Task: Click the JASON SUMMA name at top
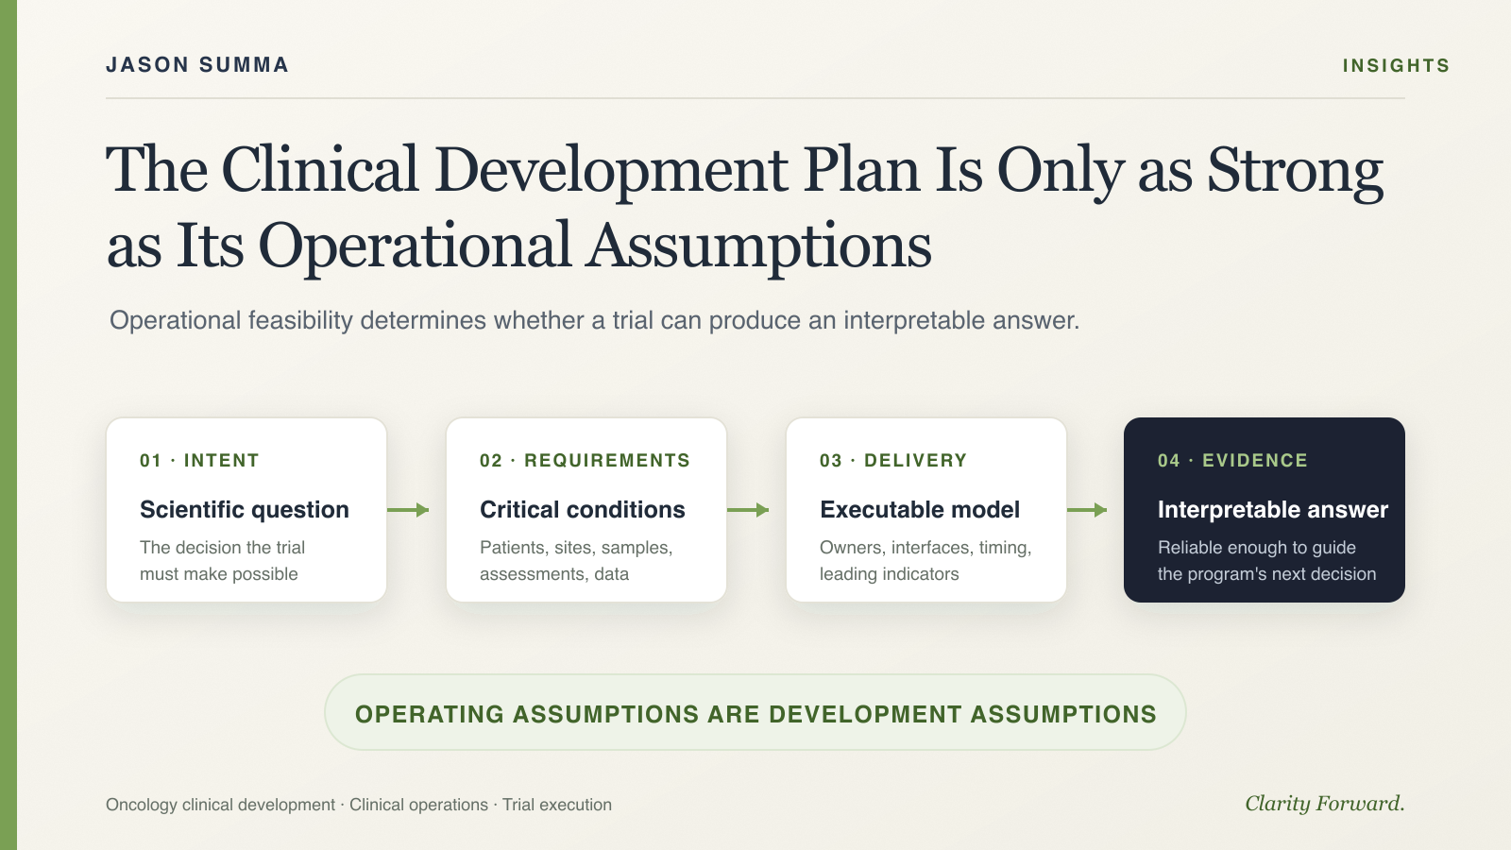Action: click(x=197, y=65)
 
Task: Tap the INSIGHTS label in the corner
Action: click(x=1396, y=65)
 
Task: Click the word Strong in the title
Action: click(x=1295, y=171)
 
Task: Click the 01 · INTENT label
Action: click(x=199, y=461)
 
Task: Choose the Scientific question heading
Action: click(x=245, y=510)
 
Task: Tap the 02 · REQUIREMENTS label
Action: click(x=585, y=461)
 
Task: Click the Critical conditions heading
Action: click(x=582, y=510)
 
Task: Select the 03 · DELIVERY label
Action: click(x=893, y=461)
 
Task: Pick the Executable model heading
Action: click(x=920, y=510)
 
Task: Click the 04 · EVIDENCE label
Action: click(x=1232, y=461)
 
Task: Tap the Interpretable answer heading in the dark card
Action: click(x=1273, y=510)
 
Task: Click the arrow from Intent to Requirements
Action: click(x=408, y=510)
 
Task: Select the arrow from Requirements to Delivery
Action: click(x=748, y=510)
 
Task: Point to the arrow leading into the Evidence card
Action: click(x=1087, y=510)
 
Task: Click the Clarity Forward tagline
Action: click(x=1325, y=804)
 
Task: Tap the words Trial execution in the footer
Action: click(x=557, y=805)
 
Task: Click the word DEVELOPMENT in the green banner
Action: click(x=865, y=714)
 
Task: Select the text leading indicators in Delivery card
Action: click(x=889, y=574)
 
